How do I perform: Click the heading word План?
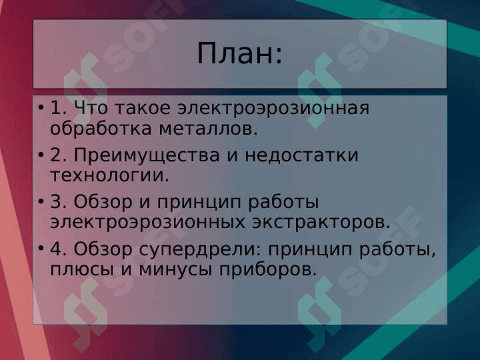coord(239,53)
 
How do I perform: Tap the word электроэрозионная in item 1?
coord(274,108)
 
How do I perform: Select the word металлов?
coord(209,129)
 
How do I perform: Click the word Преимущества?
coord(147,156)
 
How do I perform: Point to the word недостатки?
coord(301,155)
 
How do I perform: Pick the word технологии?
coord(109,176)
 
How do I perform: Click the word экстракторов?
coord(321,223)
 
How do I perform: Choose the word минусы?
coord(175,270)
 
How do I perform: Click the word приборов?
coord(268,270)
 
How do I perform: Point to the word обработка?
coord(101,129)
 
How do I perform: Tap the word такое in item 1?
coord(143,108)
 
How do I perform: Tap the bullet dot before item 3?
coord(41,202)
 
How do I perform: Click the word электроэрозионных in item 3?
coord(147,223)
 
